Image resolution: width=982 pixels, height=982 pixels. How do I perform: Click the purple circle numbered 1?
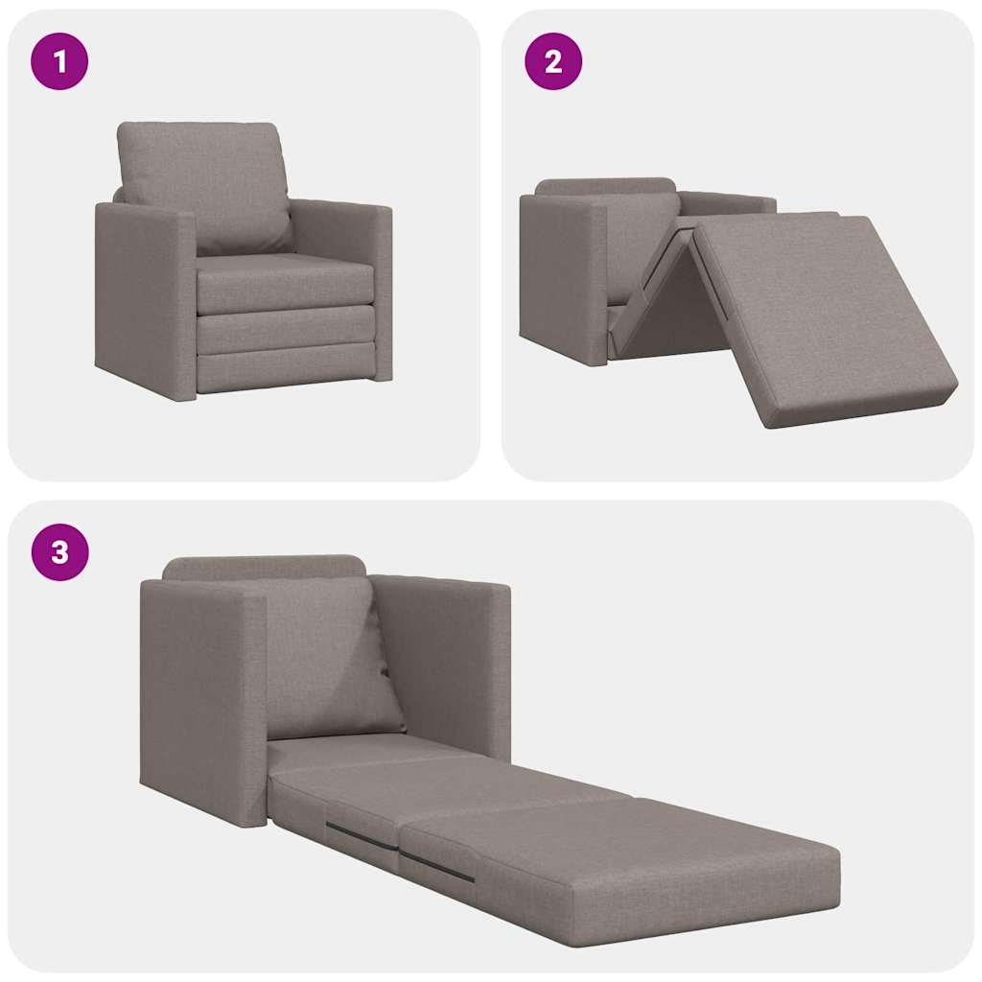coord(59,61)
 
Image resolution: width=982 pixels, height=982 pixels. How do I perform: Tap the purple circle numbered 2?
coord(553,61)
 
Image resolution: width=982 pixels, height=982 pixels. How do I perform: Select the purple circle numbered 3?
coord(59,552)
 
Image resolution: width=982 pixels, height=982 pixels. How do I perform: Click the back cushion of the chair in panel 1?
coord(204,182)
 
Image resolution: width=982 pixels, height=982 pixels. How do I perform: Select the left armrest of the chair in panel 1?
coord(144,297)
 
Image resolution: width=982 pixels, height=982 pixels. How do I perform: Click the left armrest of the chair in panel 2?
coord(561,278)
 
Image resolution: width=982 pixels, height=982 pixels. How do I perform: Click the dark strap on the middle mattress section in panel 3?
coord(361,835)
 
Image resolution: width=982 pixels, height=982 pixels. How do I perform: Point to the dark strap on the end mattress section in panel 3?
coord(436,866)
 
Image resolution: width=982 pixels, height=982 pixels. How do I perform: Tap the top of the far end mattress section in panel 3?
coord(633,844)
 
